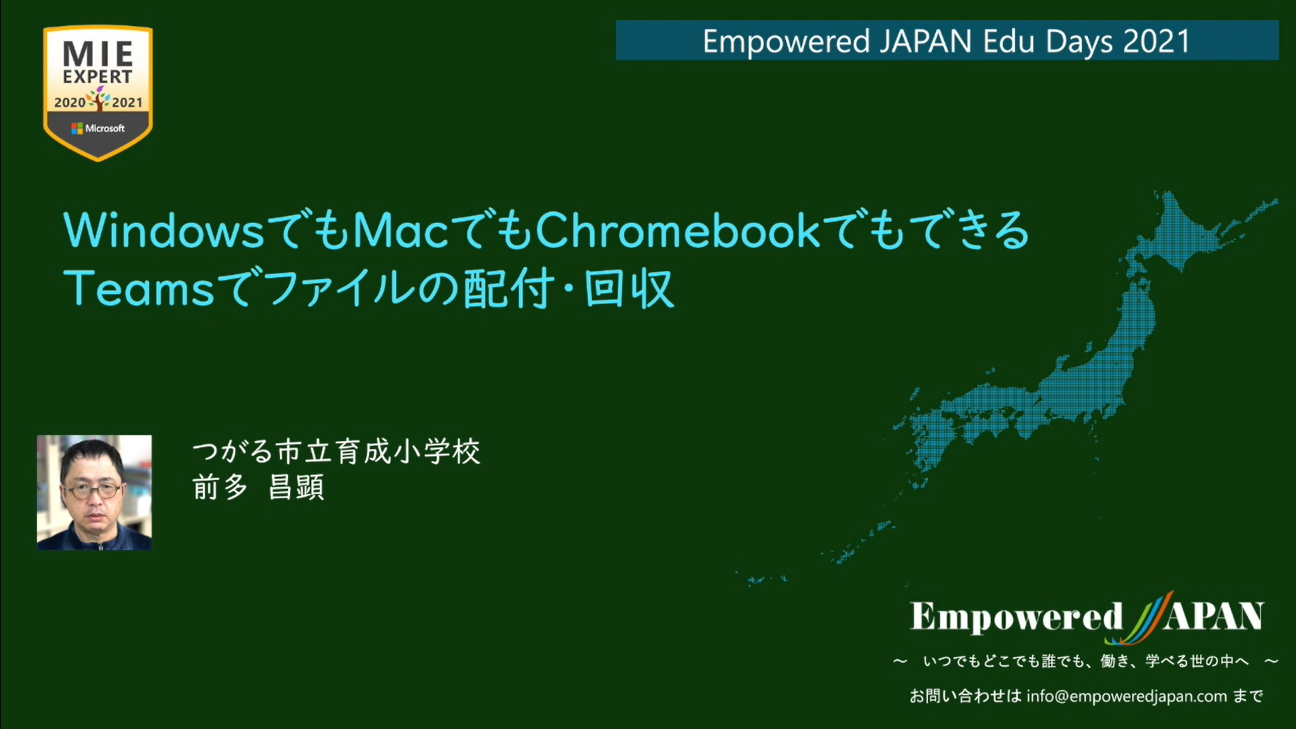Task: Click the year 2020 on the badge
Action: pyautogui.click(x=70, y=103)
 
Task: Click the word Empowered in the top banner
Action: pyautogui.click(x=786, y=42)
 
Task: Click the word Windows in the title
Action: pyautogui.click(x=164, y=230)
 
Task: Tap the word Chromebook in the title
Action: pyautogui.click(x=678, y=230)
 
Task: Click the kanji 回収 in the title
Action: pyautogui.click(x=628, y=289)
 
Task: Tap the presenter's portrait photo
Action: pyautogui.click(x=94, y=492)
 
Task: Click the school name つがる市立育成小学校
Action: pyautogui.click(x=337, y=452)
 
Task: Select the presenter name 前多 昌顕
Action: pyautogui.click(x=258, y=488)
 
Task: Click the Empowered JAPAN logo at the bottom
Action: pyautogui.click(x=1087, y=617)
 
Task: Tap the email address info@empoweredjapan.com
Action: pyautogui.click(x=1126, y=696)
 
